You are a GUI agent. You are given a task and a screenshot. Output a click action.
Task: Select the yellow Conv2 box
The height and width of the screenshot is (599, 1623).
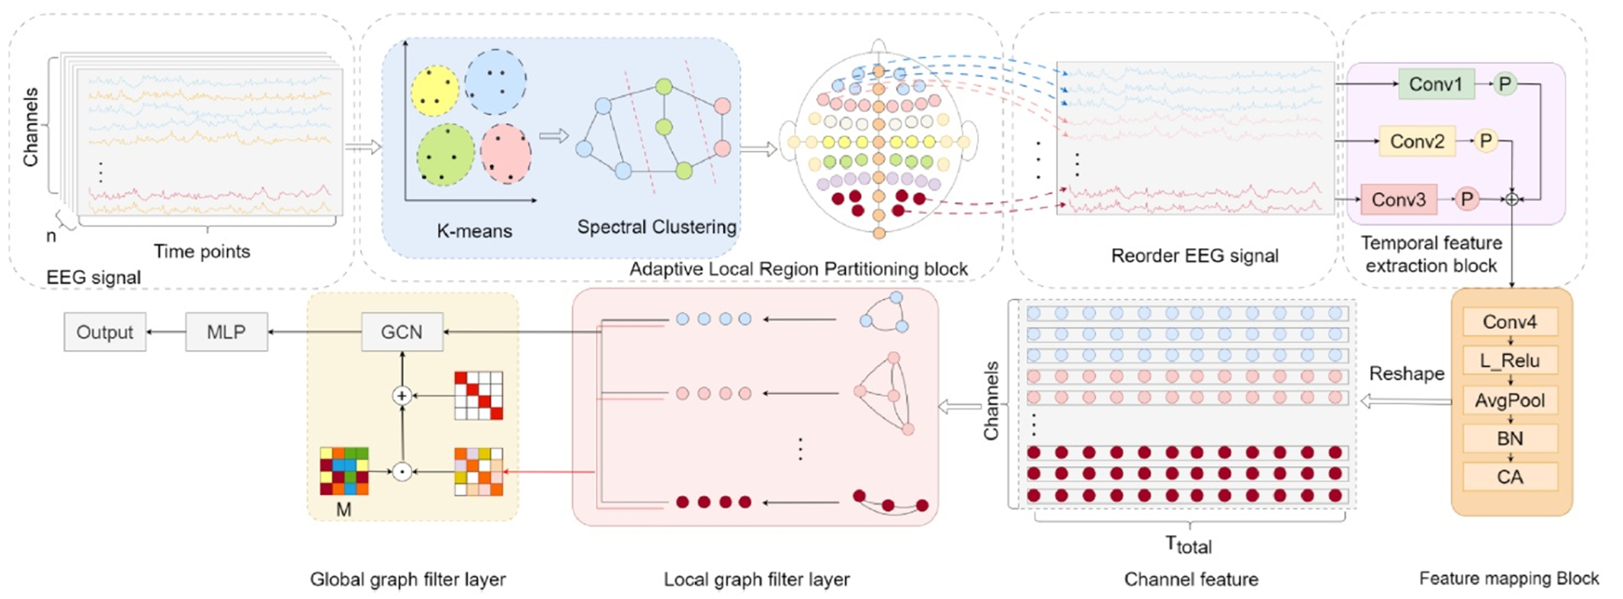pyautogui.click(x=1417, y=141)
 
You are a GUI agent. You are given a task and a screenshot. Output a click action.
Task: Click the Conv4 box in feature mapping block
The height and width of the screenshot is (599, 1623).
pyautogui.click(x=1510, y=322)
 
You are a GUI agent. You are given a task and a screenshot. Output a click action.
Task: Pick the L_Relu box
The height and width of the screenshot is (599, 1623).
pyautogui.click(x=1510, y=361)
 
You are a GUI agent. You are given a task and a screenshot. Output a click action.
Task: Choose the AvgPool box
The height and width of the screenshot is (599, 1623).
pyautogui.click(x=1510, y=400)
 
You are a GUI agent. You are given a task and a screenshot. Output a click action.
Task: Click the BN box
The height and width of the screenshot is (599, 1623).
pyautogui.click(x=1510, y=438)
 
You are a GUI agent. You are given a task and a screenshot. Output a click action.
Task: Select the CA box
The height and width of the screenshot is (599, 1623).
pyautogui.click(x=1510, y=477)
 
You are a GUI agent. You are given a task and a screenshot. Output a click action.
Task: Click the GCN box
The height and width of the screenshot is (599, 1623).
pyautogui.click(x=402, y=332)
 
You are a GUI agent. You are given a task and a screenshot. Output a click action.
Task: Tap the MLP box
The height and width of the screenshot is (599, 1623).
pyautogui.click(x=226, y=332)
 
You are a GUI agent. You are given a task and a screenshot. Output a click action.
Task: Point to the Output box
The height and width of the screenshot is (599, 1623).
pyautogui.click(x=105, y=332)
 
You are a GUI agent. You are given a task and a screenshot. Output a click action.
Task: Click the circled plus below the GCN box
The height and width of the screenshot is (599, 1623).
pyautogui.click(x=402, y=396)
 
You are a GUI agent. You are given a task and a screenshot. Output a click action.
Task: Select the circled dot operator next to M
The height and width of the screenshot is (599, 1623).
pyautogui.click(x=402, y=471)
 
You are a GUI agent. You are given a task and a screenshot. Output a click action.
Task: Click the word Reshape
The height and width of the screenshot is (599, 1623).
pyautogui.click(x=1406, y=373)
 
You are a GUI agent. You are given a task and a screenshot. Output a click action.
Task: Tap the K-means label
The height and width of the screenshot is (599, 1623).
pyautogui.click(x=475, y=231)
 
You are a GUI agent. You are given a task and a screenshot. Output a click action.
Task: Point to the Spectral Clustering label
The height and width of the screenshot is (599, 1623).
pyautogui.click(x=656, y=227)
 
